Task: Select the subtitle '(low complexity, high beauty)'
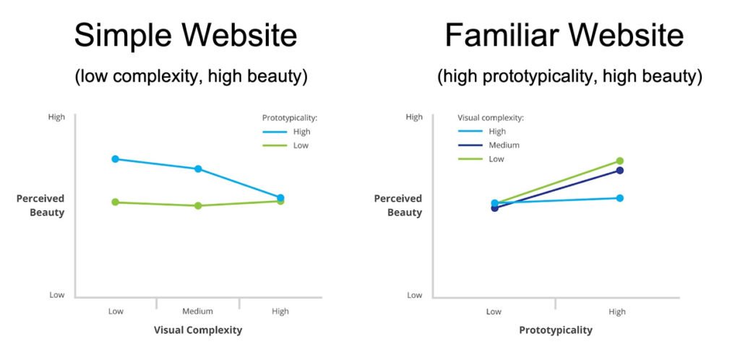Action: point(191,77)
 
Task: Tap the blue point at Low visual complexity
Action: point(115,159)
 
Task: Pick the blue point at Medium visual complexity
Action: point(198,169)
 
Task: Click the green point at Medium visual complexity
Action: point(198,206)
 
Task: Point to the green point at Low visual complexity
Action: point(115,202)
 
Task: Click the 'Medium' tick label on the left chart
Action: point(198,312)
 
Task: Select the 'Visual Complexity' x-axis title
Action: point(198,330)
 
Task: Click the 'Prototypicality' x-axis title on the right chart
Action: point(556,330)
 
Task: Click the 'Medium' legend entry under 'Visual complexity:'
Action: point(489,145)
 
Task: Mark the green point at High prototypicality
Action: point(619,161)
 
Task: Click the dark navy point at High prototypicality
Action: point(619,171)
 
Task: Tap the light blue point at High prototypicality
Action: point(619,198)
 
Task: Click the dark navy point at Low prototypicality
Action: point(494,208)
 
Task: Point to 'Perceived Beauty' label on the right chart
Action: point(398,205)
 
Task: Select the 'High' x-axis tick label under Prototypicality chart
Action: point(617,312)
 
